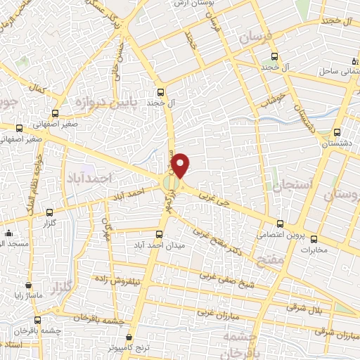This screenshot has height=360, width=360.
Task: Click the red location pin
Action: tap(181, 165)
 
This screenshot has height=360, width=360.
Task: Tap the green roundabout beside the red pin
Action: tap(171, 184)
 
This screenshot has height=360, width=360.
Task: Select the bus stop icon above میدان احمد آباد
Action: tap(161, 231)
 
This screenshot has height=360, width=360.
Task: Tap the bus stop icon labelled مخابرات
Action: tap(314, 239)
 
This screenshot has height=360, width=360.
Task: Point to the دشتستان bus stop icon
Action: tap(337, 131)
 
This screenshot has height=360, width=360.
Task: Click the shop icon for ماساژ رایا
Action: tap(28, 285)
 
